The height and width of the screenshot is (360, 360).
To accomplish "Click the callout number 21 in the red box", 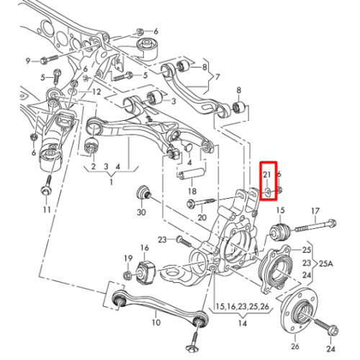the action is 267,174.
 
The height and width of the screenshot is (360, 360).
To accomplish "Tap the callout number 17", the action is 315,211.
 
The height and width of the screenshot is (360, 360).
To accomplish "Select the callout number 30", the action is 141,212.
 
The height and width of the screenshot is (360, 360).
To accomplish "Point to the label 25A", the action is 326,264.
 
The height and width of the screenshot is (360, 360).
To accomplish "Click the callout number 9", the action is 28,61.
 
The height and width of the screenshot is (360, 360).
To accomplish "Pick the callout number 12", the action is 96,91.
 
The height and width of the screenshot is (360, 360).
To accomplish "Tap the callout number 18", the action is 192,192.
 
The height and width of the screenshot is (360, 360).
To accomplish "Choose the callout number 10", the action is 156,322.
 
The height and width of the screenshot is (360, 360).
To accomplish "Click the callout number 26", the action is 295,346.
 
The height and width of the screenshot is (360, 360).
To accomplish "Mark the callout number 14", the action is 243,323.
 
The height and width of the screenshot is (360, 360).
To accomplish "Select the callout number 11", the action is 47,210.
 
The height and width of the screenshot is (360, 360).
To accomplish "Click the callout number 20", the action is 202,217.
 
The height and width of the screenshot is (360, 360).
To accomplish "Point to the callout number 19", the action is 128,258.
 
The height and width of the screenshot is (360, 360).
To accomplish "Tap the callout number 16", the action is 145,248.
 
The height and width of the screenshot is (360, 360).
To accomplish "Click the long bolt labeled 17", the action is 315,226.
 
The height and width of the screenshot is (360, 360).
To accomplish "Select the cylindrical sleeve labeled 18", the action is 192,174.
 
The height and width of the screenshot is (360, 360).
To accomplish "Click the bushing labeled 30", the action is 143,193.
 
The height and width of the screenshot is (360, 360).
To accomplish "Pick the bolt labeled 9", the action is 49,60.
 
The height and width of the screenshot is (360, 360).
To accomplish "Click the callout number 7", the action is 217,77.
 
